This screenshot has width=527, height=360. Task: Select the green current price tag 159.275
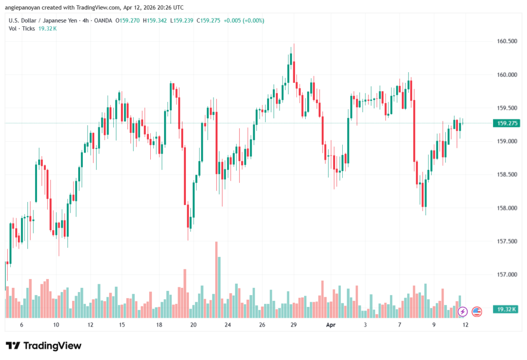[505, 123]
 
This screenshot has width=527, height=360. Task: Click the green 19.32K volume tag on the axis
[505, 309]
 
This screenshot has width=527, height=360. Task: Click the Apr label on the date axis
[331, 325]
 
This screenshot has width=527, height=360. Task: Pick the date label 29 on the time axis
[293, 325]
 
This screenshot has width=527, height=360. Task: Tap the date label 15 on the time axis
[122, 325]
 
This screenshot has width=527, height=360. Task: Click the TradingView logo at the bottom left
[43, 346]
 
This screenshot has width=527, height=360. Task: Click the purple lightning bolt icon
[463, 311]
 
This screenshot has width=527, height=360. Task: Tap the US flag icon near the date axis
[477, 311]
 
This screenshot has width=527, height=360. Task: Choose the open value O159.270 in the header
[128, 20]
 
